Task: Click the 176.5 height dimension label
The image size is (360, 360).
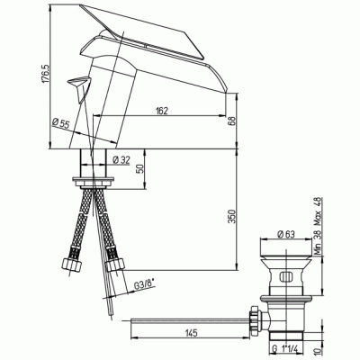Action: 45,73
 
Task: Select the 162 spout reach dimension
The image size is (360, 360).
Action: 162,111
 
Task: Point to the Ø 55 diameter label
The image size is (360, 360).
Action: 60,123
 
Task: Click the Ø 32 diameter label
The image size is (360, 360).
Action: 121,160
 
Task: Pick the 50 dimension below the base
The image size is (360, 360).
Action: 140,169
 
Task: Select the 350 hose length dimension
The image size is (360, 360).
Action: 232,217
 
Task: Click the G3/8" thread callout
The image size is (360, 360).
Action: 144,286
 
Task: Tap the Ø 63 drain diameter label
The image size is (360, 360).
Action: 286,234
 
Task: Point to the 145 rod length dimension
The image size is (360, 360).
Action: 191,333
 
